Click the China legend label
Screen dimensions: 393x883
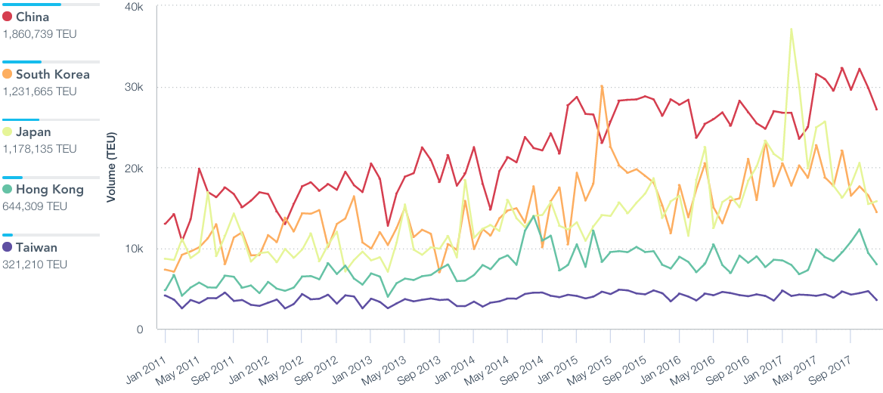33,17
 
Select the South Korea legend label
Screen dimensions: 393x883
52,74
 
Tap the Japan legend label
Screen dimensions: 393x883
33,132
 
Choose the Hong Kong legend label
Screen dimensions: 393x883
49,190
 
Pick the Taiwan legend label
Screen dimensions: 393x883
36,247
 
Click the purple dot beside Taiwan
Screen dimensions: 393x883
8,247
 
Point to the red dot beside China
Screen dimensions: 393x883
8,17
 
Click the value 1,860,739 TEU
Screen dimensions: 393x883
39,34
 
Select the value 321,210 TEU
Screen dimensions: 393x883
35,265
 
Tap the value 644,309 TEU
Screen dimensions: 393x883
35,206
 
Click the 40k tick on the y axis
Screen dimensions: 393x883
135,7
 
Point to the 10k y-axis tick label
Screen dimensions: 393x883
135,249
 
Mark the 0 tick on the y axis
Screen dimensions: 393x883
140,330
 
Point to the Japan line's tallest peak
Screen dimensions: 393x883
791,29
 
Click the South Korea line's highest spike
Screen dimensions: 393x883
602,86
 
